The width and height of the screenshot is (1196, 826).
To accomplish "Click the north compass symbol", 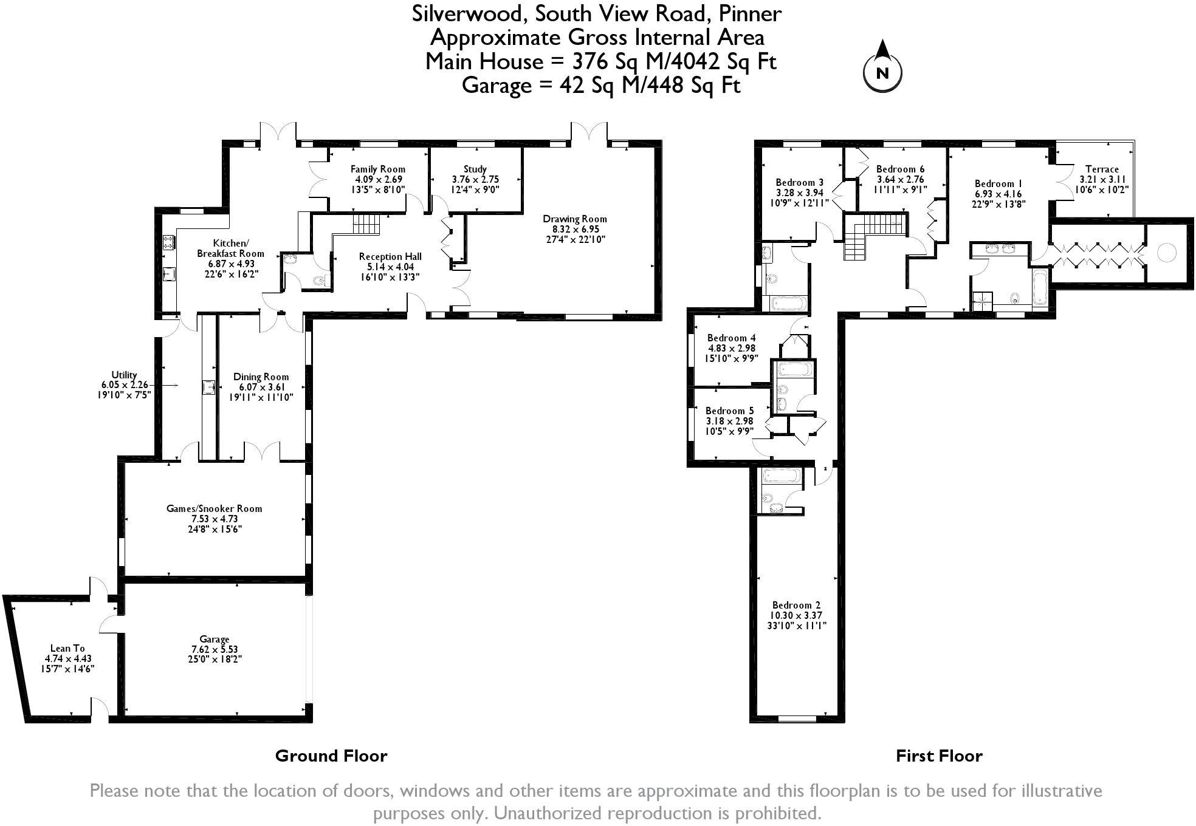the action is pyautogui.click(x=882, y=66).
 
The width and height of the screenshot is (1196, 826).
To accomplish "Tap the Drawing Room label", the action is pyautogui.click(x=574, y=229).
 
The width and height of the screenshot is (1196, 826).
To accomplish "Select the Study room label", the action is pyautogui.click(x=475, y=179).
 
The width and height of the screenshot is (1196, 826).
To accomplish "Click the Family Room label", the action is pyautogui.click(x=378, y=179).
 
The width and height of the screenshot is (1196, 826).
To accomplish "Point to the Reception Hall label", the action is pyautogui.click(x=390, y=267).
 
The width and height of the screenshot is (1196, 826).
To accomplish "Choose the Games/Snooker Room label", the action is pyautogui.click(x=215, y=519).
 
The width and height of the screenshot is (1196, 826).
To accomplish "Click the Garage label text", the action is pyautogui.click(x=215, y=649).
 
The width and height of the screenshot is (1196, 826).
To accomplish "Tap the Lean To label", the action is pyautogui.click(x=68, y=658).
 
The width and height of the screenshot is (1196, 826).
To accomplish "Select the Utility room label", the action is pyautogui.click(x=124, y=384).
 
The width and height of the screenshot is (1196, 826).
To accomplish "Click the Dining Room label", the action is pyautogui.click(x=261, y=387).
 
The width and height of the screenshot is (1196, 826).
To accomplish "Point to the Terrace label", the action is pyautogui.click(x=1102, y=179).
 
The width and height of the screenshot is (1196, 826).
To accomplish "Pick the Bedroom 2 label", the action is pyautogui.click(x=797, y=615).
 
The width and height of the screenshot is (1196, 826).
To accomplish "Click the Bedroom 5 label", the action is pyautogui.click(x=729, y=421).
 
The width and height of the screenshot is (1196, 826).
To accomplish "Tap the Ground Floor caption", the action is pyautogui.click(x=331, y=756).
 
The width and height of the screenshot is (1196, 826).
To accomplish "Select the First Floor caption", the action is pyautogui.click(x=939, y=756).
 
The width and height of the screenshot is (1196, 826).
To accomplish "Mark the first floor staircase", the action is pyautogui.click(x=874, y=236).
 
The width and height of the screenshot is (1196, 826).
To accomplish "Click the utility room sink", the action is pyautogui.click(x=208, y=387).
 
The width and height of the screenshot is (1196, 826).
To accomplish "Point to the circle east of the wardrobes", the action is pyautogui.click(x=1166, y=252).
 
